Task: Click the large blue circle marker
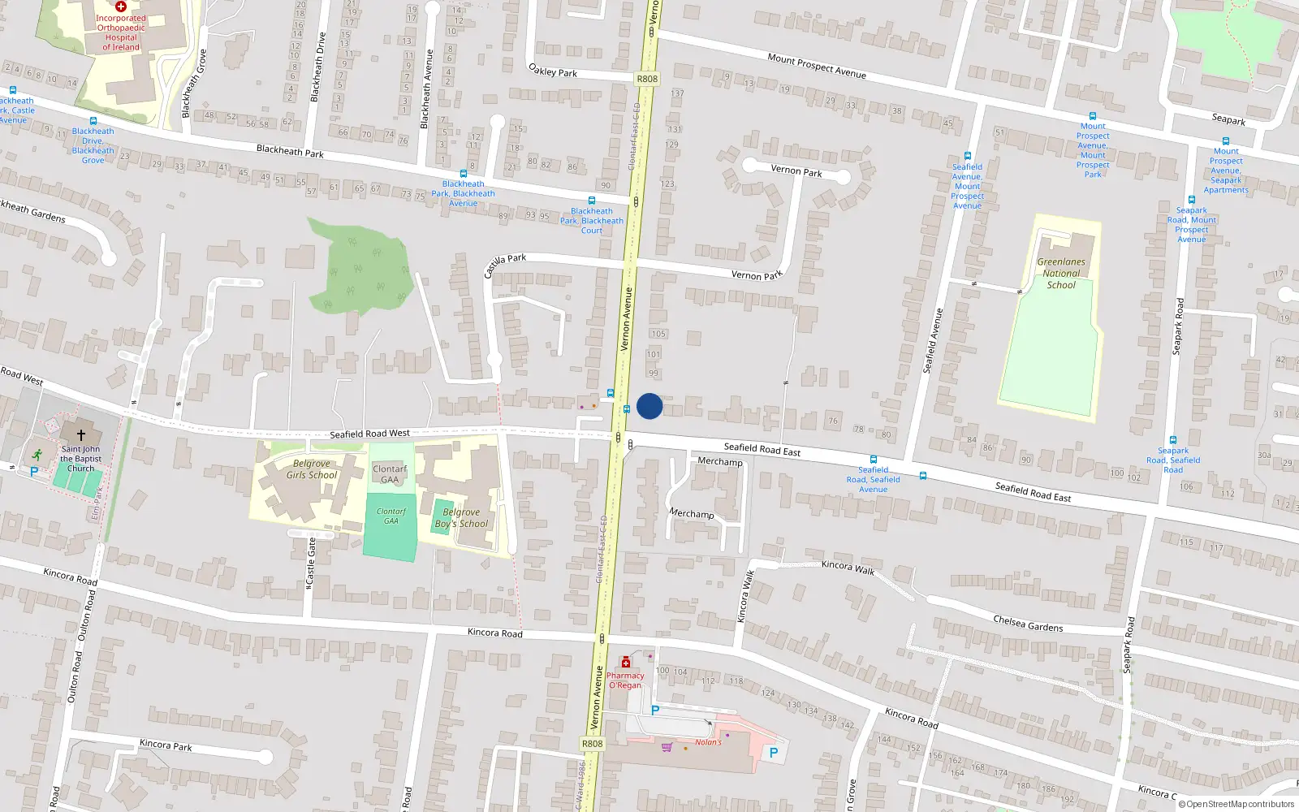(x=649, y=406)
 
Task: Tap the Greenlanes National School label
(x=1061, y=274)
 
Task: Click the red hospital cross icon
(x=120, y=6)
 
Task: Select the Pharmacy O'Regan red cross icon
(x=626, y=663)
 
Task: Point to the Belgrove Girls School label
(x=312, y=469)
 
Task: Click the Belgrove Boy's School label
(x=461, y=518)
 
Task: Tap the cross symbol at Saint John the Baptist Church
(x=81, y=435)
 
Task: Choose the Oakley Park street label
(x=553, y=71)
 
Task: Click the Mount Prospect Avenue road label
(x=817, y=66)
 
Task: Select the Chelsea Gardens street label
(x=1028, y=624)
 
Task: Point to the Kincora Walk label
(x=848, y=568)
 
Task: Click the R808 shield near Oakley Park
(x=647, y=79)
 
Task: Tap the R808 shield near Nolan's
(x=592, y=744)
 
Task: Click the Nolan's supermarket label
(x=708, y=742)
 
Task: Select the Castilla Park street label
(x=504, y=264)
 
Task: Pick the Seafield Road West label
(x=369, y=434)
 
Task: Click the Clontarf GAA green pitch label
(x=391, y=516)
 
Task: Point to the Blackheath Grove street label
(x=194, y=83)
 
